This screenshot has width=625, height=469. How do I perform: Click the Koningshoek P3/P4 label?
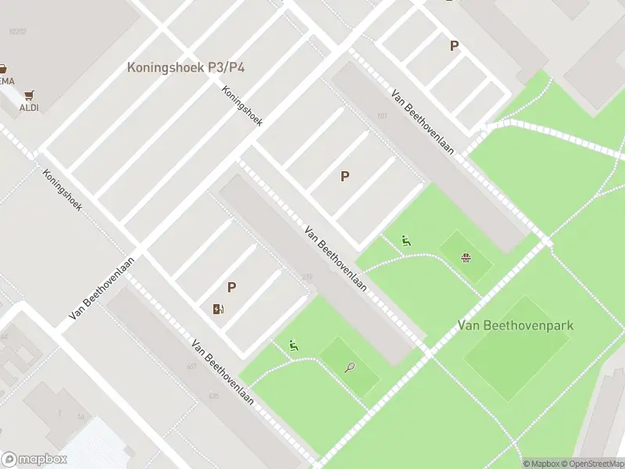pyautogui.click(x=186, y=68)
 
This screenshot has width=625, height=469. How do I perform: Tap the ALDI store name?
pyautogui.click(x=29, y=108)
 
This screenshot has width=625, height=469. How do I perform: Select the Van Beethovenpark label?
pyautogui.click(x=516, y=324)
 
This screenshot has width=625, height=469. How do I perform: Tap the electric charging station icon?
pyautogui.click(x=218, y=308)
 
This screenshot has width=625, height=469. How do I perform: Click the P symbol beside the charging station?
pyautogui.click(x=231, y=288)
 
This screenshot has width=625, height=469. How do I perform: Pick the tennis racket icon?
pyautogui.click(x=349, y=367)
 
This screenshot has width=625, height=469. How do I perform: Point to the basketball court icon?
pyautogui.click(x=466, y=257)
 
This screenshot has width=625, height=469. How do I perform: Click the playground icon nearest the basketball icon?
pyautogui.click(x=405, y=241)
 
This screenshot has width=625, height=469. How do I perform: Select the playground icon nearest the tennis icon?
pyautogui.click(x=293, y=345)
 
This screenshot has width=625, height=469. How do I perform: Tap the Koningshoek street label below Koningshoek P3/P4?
pyautogui.click(x=241, y=106)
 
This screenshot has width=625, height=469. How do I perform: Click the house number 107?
pyautogui.click(x=382, y=116)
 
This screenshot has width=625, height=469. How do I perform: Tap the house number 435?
pyautogui.click(x=213, y=396)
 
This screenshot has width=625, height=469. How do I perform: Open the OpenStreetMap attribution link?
pyautogui.click(x=595, y=464)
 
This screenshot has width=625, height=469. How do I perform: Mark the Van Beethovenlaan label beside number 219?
pyautogui.click(x=335, y=259)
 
